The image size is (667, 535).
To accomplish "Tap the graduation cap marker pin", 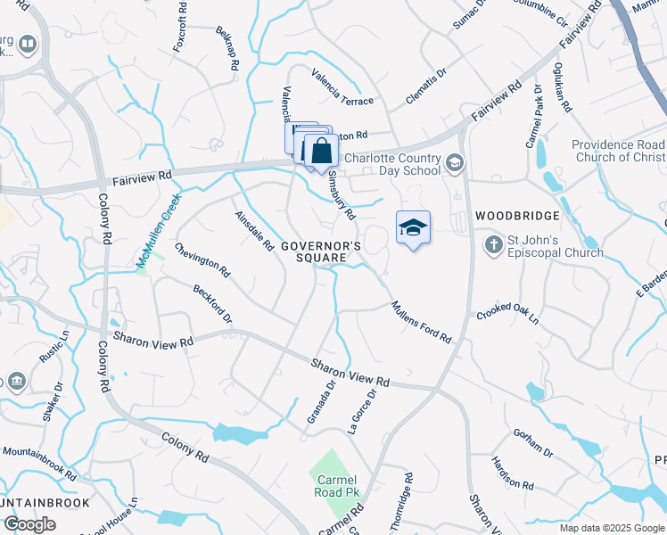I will click(x=413, y=228).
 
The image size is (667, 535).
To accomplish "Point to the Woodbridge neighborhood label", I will click(x=517, y=216).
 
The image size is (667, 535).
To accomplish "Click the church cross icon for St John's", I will click(x=493, y=243).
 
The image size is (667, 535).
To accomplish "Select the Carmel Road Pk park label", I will click(x=331, y=485).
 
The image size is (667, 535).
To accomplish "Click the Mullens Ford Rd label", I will click(x=421, y=321).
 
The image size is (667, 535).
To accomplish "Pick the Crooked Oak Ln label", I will click(x=508, y=311).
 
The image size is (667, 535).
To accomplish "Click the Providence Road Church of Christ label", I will click(x=618, y=151).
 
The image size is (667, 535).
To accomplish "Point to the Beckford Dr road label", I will click(x=212, y=305).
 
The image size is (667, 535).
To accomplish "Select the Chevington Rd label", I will click(x=202, y=259).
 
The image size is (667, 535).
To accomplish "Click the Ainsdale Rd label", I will click(x=254, y=231).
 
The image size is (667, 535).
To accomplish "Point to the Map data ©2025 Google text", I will click(x=612, y=528).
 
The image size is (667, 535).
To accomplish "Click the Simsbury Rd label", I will click(x=342, y=195).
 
